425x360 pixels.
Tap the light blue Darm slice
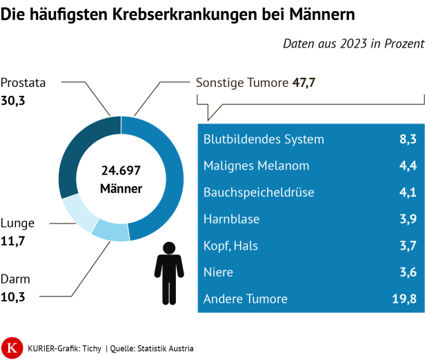pos(110,231)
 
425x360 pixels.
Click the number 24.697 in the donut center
pos(121,170)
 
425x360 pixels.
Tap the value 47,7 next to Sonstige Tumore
pos(304,83)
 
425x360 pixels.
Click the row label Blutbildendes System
pos(264,139)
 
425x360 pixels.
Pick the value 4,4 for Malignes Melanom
pos(408,166)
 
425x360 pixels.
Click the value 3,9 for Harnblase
pos(408,219)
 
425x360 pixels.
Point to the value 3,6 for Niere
pos(408,272)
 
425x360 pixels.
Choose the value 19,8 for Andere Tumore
pos(404,299)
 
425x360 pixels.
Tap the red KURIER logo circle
pos(12,348)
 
